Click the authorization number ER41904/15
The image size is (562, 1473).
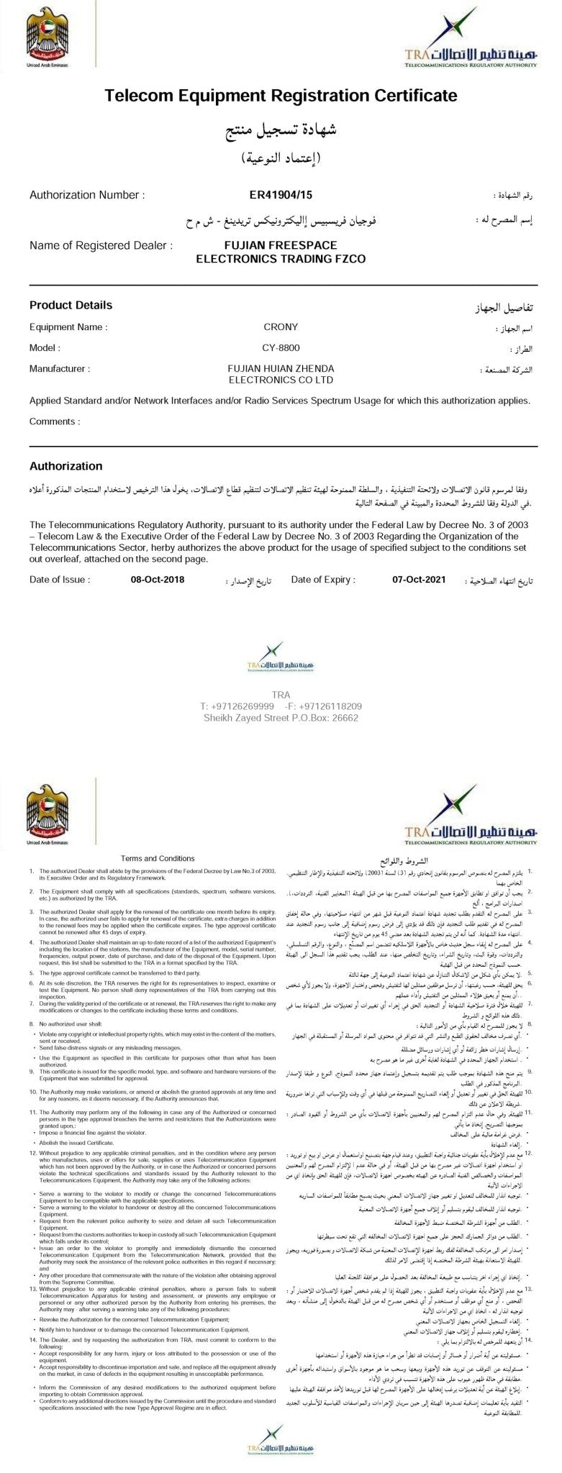tap(281, 195)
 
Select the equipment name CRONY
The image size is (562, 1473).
tap(281, 327)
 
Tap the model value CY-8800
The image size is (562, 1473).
tap(281, 348)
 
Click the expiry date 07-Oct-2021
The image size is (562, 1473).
tap(420, 579)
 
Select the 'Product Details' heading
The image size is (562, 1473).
tap(71, 305)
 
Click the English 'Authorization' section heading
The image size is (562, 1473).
tap(65, 466)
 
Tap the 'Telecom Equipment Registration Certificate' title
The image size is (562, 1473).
tap(281, 96)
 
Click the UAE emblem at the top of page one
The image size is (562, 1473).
tap(47, 36)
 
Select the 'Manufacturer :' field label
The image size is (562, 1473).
tap(60, 369)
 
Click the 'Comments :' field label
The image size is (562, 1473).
tap(54, 421)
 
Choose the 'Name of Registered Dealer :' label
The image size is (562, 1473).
tap(101, 245)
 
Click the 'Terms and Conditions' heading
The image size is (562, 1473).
tap(158, 858)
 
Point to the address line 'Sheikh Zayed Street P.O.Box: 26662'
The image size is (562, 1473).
tap(281, 717)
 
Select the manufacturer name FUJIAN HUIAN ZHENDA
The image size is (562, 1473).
tap(281, 368)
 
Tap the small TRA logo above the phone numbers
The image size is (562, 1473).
tap(281, 666)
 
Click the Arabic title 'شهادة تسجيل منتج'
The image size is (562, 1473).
tap(281, 132)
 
